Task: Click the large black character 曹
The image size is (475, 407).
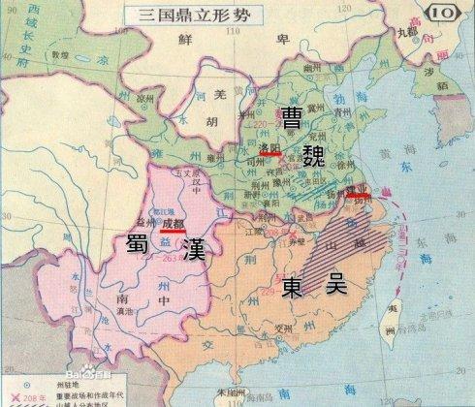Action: point(292,117)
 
